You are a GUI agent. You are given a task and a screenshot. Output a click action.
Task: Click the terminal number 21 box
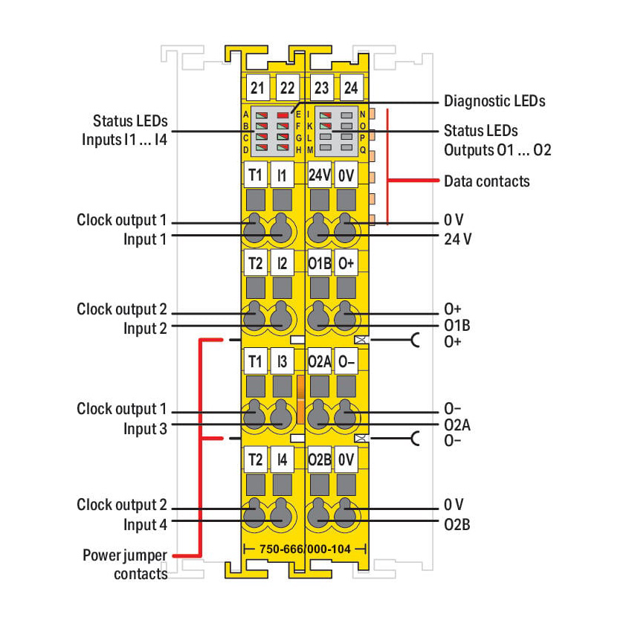(x=257, y=88)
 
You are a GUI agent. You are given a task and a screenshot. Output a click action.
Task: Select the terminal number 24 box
(x=351, y=88)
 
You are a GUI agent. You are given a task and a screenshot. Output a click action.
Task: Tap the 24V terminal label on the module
(x=319, y=175)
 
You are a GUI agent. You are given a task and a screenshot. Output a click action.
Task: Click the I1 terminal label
(x=282, y=175)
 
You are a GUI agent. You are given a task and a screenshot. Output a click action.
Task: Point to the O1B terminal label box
(x=319, y=263)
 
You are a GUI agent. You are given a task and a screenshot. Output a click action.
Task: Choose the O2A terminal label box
(x=319, y=361)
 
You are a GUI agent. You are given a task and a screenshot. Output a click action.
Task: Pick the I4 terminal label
(x=282, y=459)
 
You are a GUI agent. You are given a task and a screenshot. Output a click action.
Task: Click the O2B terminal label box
(x=319, y=459)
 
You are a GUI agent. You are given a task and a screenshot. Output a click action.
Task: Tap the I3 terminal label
(x=282, y=361)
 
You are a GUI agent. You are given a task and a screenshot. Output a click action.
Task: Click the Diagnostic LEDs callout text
(x=494, y=101)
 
